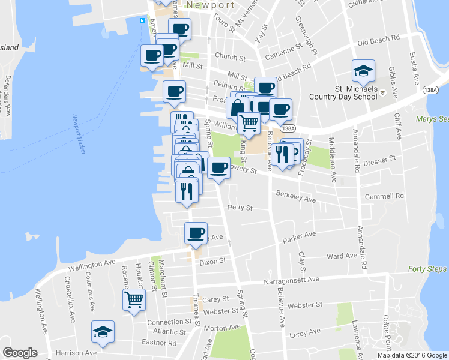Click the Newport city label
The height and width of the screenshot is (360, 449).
click(x=210, y=5)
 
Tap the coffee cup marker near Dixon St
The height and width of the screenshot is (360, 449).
click(x=196, y=233)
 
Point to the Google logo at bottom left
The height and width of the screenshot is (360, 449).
click(x=20, y=353)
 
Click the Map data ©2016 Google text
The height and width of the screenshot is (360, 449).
click(x=412, y=355)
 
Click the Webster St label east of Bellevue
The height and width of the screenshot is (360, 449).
click(x=310, y=306)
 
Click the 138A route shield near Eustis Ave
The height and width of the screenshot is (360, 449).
click(x=430, y=89)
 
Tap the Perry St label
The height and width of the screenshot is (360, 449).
click(x=240, y=208)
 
